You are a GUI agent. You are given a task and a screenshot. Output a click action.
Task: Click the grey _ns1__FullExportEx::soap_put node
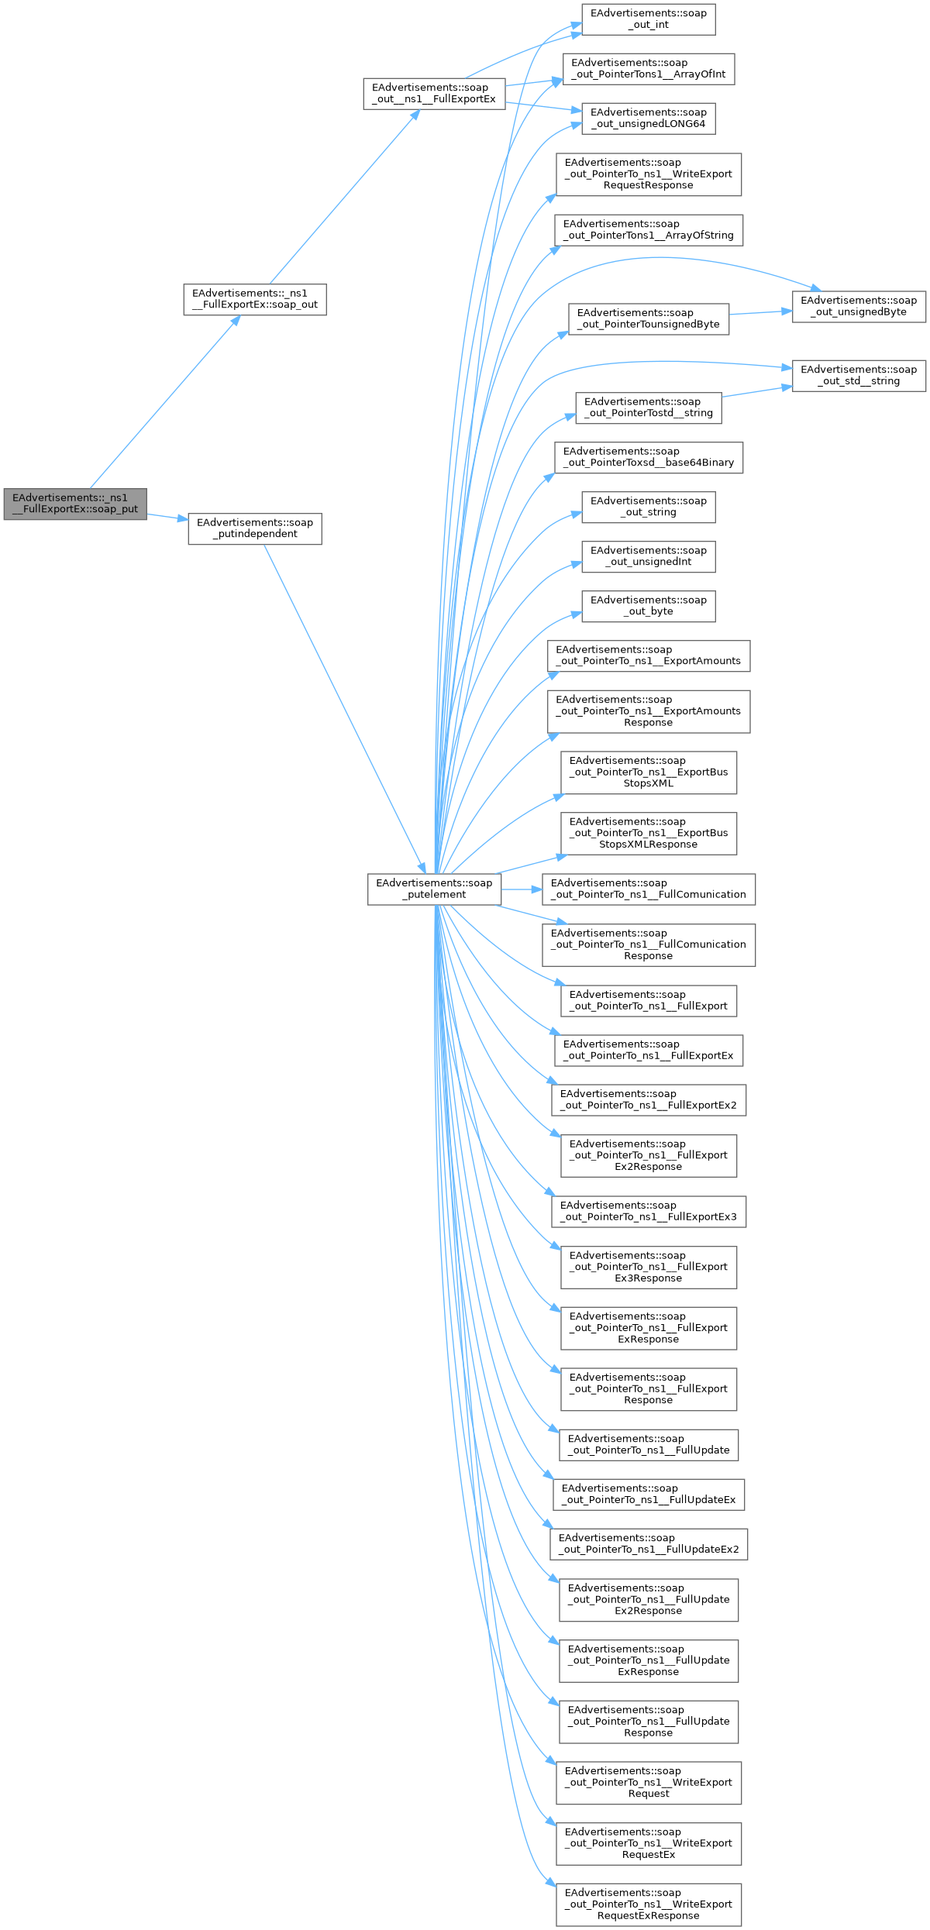[x=75, y=504]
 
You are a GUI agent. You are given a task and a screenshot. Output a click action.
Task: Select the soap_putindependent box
[x=254, y=528]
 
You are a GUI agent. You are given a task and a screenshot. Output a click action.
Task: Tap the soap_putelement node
[x=434, y=889]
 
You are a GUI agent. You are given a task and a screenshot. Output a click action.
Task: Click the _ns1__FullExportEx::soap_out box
[x=254, y=299]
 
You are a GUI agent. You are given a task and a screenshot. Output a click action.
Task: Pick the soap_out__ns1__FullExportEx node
[x=434, y=94]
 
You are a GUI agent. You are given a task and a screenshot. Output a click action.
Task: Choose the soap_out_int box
[x=648, y=19]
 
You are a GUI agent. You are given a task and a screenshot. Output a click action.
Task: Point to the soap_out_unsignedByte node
[x=858, y=306]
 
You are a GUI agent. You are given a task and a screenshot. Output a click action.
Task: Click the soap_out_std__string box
[x=858, y=376]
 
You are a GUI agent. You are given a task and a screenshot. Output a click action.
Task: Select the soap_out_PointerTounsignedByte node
[x=648, y=318]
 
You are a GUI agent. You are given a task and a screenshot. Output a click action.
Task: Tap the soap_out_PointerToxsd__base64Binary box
[x=648, y=457]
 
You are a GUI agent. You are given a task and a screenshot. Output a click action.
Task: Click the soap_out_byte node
[x=648, y=606]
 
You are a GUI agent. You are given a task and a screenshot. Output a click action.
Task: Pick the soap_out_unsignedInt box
[x=648, y=556]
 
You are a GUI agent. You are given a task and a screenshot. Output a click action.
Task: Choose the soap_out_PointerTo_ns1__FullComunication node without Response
[x=648, y=889]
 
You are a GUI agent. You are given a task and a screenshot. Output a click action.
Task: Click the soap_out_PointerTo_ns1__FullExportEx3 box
[x=648, y=1211]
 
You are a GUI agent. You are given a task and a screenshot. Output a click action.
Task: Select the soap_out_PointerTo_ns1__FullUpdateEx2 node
[x=648, y=1543]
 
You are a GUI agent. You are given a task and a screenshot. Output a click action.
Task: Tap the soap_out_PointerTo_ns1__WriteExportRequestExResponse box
[x=648, y=1904]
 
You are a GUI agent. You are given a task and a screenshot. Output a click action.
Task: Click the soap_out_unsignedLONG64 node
[x=648, y=119]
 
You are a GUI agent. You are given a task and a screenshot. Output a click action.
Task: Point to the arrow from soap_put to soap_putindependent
[x=167, y=517]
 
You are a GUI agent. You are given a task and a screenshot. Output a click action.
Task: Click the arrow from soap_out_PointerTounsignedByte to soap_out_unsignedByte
[x=760, y=312]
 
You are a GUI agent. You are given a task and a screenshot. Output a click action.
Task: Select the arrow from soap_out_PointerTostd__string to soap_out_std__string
[x=756, y=391]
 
